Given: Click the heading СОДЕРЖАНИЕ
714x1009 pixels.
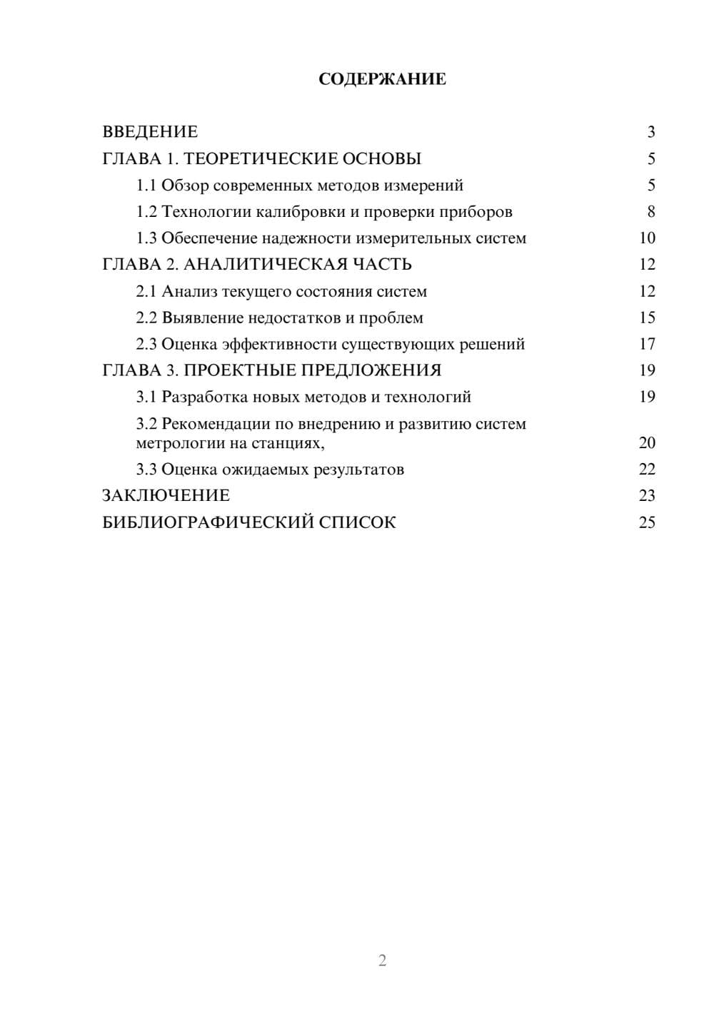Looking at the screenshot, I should click(x=382, y=79).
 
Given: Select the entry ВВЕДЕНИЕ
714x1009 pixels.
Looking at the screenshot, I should click(x=150, y=132).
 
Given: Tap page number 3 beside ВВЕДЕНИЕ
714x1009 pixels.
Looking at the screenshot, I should click(x=650, y=132).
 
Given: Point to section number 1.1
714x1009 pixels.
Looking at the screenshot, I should click(x=146, y=186).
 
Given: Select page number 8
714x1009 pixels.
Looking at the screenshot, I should click(x=650, y=212).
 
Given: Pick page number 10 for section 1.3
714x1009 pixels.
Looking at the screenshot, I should click(x=647, y=238).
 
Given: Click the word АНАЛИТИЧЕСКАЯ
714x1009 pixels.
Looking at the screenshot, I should click(x=266, y=265).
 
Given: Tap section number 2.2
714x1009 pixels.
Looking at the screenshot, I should click(x=146, y=318).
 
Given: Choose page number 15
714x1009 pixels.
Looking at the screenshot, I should click(x=647, y=318).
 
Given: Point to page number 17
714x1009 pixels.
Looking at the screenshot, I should click(x=647, y=344).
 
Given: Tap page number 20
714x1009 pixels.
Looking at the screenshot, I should click(x=647, y=442).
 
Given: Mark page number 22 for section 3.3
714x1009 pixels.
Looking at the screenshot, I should click(x=647, y=469).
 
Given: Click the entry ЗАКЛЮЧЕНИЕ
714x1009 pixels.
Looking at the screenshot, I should click(x=166, y=495).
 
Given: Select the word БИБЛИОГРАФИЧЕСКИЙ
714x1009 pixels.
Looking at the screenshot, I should click(x=208, y=522).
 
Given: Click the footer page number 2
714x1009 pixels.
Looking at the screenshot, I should click(x=382, y=960).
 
